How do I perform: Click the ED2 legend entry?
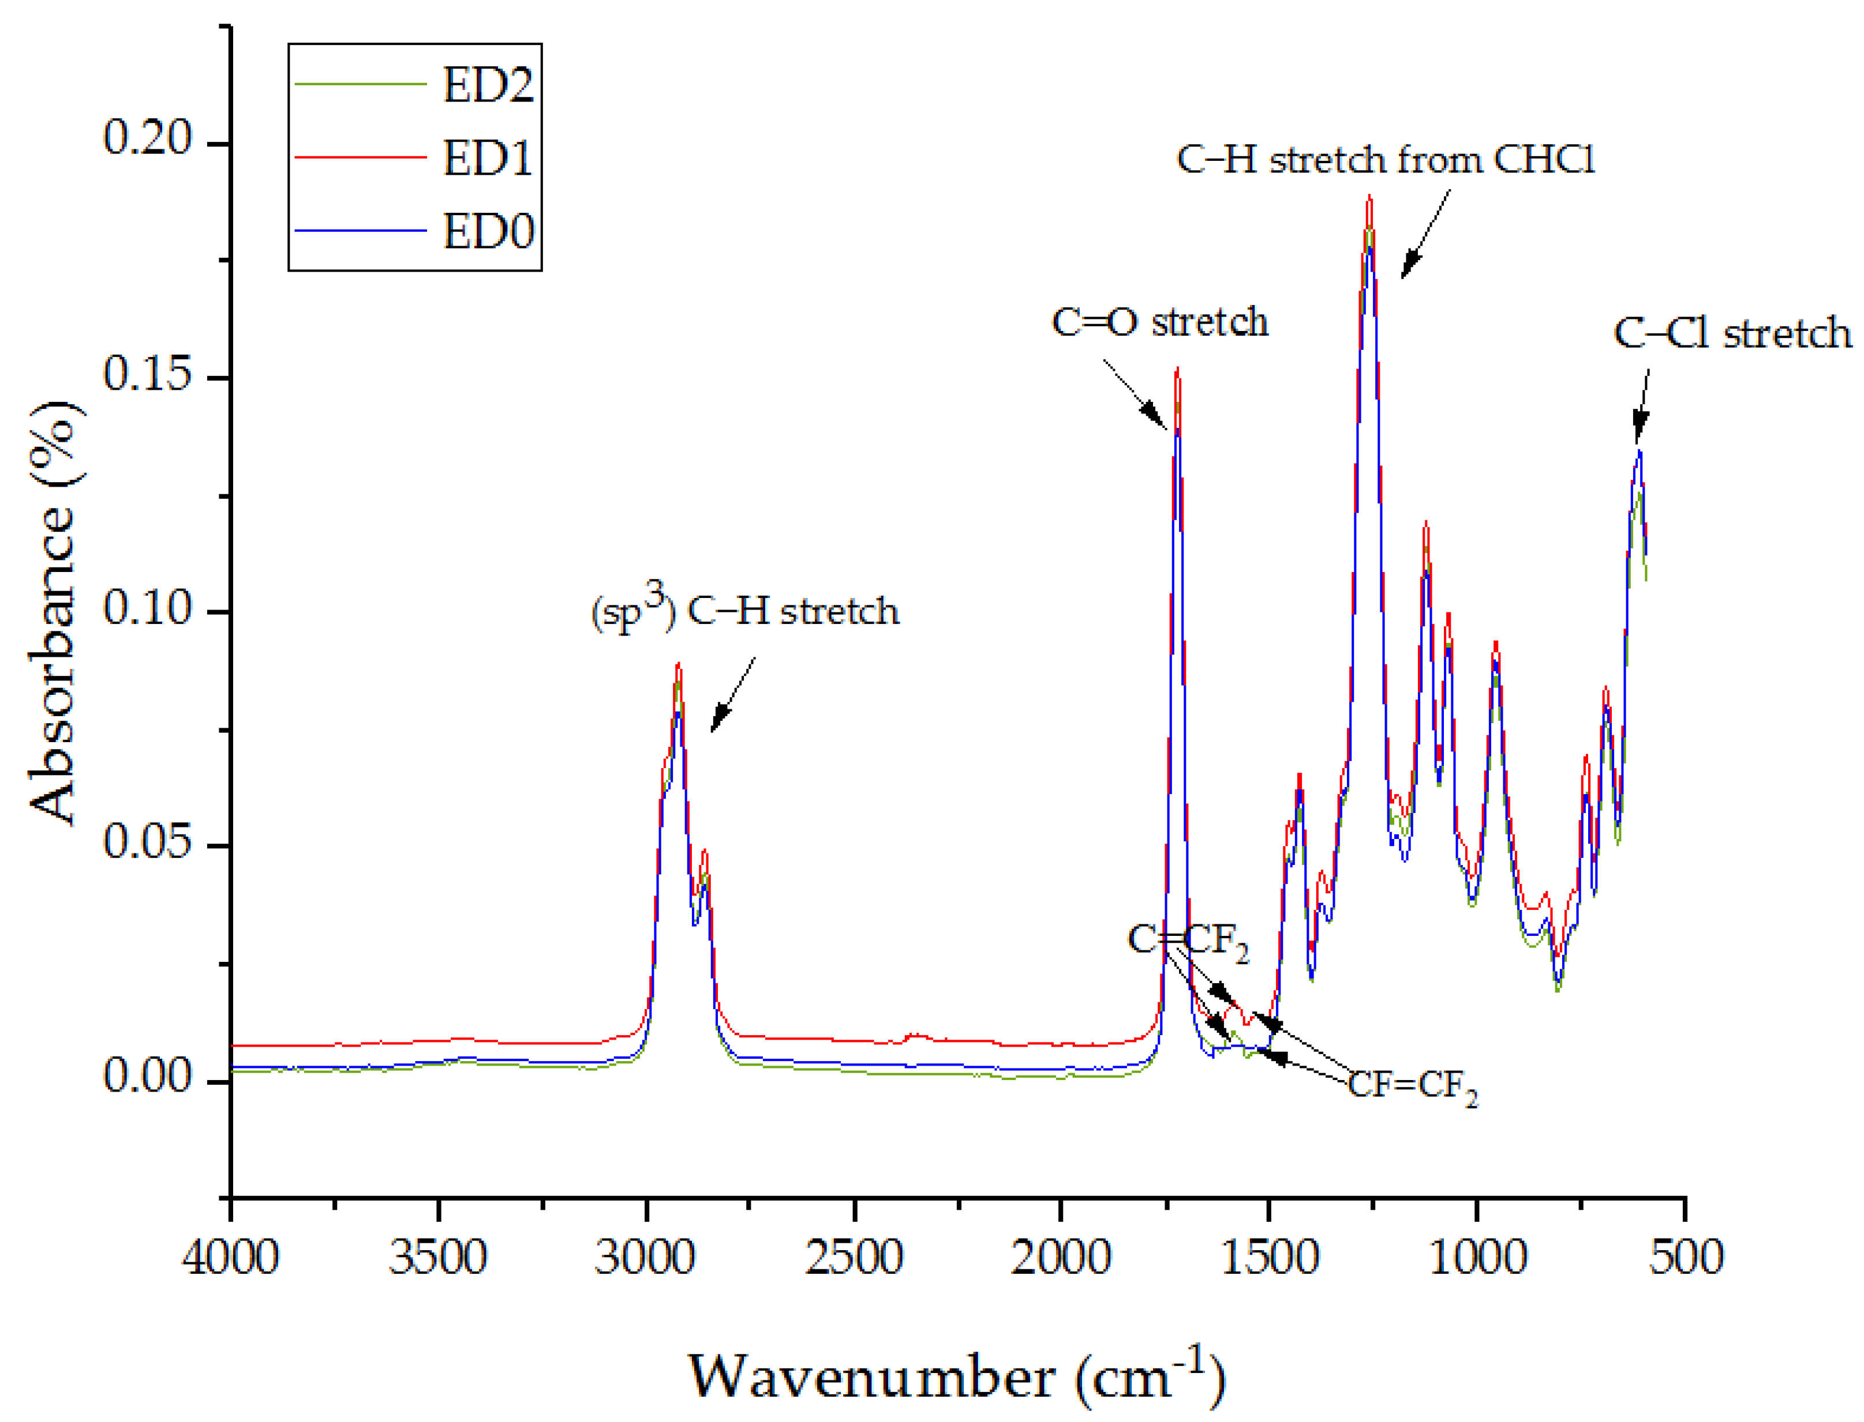[x=488, y=85]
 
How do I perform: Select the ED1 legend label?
[x=488, y=158]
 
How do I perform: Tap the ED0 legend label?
[x=488, y=231]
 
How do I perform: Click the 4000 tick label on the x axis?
[x=230, y=1257]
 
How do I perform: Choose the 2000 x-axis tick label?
[x=1060, y=1257]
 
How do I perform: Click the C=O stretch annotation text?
[x=1159, y=322]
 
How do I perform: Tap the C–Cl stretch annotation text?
[x=1732, y=333]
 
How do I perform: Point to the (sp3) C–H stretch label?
[x=745, y=611]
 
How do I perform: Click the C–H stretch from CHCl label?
[x=1386, y=159]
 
